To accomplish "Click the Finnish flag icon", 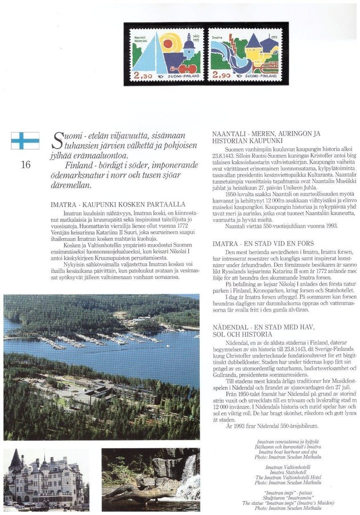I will click(x=25, y=140).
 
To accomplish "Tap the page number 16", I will click(x=25, y=165).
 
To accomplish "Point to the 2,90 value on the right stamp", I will click(x=222, y=76).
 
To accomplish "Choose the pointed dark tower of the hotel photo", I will click(x=15, y=459).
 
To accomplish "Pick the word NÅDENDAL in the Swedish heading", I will click(x=234, y=324).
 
